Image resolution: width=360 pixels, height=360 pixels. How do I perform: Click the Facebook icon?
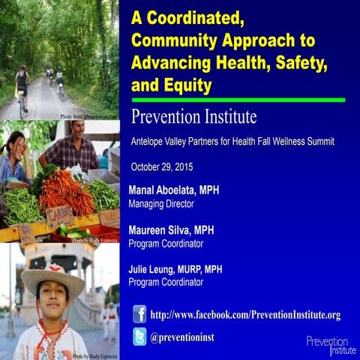pyautogui.click(x=139, y=313)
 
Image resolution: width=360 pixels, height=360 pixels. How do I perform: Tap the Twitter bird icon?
pyautogui.click(x=139, y=337)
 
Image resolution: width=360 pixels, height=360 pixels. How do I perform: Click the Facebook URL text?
pyautogui.click(x=245, y=314)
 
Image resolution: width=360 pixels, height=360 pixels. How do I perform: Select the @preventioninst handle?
pyautogui.click(x=182, y=337)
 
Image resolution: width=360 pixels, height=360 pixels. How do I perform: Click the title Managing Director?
pyautogui.click(x=161, y=203)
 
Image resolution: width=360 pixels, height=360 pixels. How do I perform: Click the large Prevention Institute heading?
pyautogui.click(x=193, y=118)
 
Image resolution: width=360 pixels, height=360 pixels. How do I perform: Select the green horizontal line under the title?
pyautogui.click(x=238, y=100)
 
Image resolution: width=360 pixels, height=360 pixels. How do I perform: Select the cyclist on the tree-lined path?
pyautogui.click(x=22, y=86)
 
